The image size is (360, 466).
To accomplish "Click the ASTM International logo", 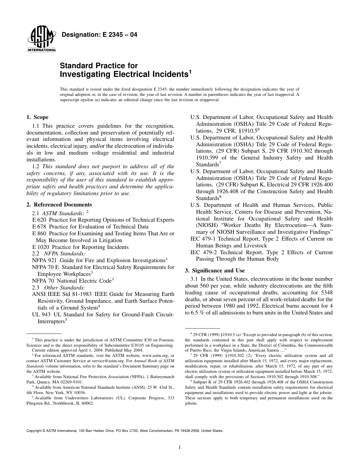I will pyautogui.click(x=41, y=40).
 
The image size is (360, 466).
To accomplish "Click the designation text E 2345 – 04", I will pyautogui.click(x=99, y=35).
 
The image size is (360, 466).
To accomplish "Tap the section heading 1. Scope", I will pyautogui.click(x=38, y=117).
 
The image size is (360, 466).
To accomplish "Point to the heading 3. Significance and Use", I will pyautogui.click(x=214, y=271).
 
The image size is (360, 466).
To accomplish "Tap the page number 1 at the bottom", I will pyautogui.click(x=180, y=447).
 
